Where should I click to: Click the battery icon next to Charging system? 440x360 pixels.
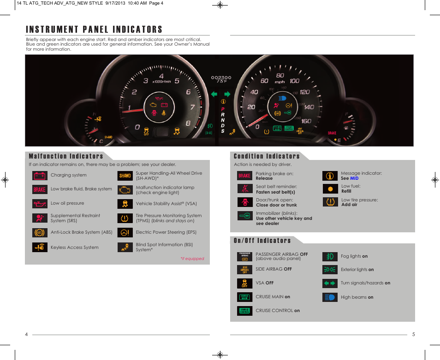click(x=40, y=176)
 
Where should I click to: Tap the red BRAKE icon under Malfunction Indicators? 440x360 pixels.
click(x=40, y=189)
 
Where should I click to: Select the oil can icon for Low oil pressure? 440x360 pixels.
click(x=40, y=203)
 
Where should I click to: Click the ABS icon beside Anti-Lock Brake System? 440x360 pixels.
click(x=40, y=233)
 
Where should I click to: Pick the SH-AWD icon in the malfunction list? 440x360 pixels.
click(x=125, y=176)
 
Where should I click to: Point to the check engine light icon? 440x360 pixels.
click(x=125, y=190)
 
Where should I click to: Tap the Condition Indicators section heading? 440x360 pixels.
click(x=267, y=156)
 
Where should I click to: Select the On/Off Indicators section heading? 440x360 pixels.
click(x=262, y=241)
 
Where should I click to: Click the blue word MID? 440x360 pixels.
click(x=354, y=178)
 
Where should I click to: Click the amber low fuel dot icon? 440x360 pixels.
click(x=330, y=189)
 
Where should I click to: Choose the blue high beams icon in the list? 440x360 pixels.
click(x=330, y=297)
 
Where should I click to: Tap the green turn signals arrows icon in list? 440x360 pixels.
click(x=330, y=283)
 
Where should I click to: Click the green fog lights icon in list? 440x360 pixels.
click(x=330, y=256)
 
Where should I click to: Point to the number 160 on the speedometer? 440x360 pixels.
click(x=306, y=121)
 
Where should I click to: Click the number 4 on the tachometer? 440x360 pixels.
click(x=161, y=76)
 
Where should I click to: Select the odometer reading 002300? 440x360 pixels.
click(x=221, y=78)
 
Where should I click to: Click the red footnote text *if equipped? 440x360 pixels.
click(x=192, y=259)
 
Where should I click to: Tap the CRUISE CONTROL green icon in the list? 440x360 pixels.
click(x=244, y=311)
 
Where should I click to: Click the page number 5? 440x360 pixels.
click(x=413, y=335)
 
